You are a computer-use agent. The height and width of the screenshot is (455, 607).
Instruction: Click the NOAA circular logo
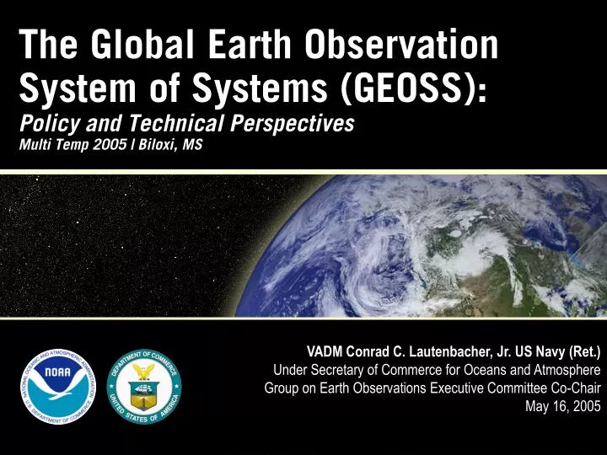[59, 384]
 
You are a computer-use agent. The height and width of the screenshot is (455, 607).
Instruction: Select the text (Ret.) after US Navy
[581, 351]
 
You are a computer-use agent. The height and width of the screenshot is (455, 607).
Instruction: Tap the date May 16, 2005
[563, 406]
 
